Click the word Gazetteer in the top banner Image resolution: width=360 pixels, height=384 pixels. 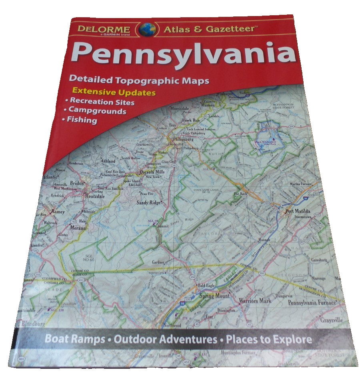(x=224, y=29)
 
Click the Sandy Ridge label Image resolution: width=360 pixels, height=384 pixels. (x=148, y=203)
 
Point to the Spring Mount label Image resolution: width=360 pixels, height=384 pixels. (x=214, y=296)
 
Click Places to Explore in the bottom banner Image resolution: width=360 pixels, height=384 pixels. (x=268, y=340)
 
